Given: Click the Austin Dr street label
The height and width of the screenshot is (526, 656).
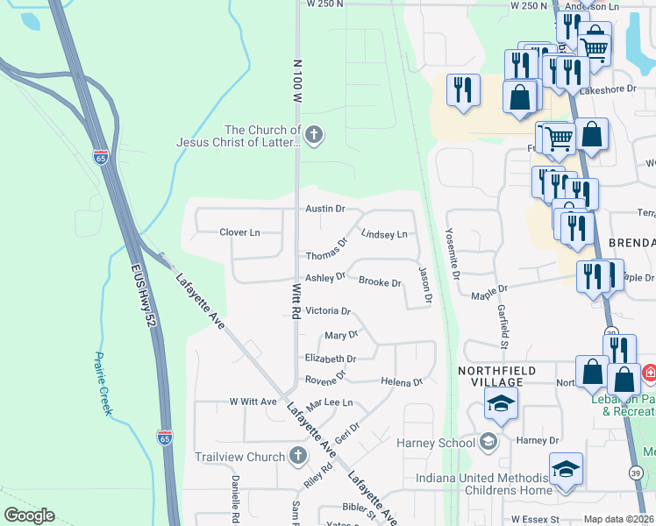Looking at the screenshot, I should pos(324,209).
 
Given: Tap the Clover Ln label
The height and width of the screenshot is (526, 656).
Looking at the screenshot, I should pos(239,232).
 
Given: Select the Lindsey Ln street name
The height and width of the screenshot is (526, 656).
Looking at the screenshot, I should pos(384,234).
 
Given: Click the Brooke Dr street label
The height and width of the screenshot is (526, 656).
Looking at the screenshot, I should pos(380,282).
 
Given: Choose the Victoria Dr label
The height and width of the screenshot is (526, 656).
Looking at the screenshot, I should pos(327,310).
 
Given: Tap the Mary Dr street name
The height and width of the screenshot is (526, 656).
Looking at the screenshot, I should pos(341,335).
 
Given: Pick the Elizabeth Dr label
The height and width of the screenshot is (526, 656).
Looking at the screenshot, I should pos(330,359).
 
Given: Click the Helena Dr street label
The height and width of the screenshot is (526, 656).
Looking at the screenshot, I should pos(402,381).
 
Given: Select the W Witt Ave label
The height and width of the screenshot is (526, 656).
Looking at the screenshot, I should pos(253,402).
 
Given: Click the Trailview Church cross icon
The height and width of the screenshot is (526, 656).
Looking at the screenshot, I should pos(297,456).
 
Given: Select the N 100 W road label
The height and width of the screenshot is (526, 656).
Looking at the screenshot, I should pos(297,83).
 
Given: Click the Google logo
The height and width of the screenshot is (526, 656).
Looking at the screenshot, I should pos(29,515).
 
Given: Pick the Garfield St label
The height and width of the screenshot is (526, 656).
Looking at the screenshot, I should pos(504,315).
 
